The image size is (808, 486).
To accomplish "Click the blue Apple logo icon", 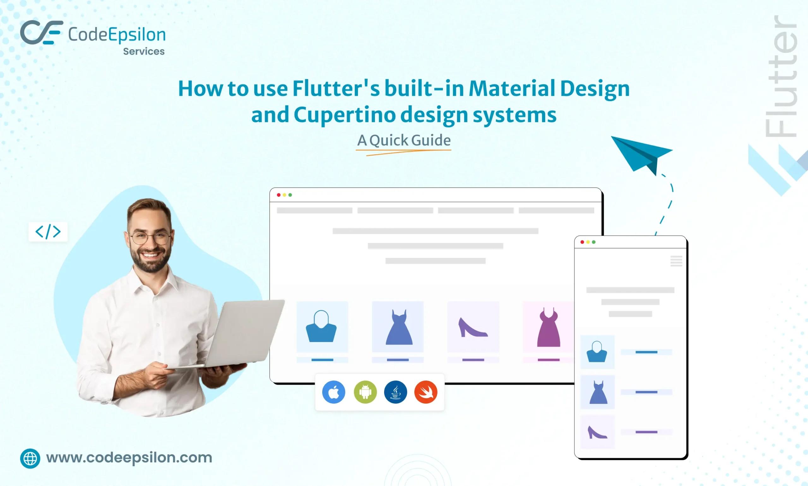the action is click(x=334, y=392).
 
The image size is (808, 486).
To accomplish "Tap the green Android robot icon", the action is click(x=365, y=392).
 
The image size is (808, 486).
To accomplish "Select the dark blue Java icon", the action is click(x=396, y=392).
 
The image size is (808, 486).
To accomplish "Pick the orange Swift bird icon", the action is click(x=426, y=392).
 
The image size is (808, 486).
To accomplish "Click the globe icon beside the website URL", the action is click(x=30, y=459).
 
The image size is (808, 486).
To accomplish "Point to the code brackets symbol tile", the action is click(x=48, y=232).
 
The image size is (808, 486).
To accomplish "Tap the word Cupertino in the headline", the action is click(x=345, y=115).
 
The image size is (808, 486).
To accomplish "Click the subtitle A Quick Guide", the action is click(x=404, y=140).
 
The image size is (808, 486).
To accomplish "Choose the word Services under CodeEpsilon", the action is click(x=144, y=51).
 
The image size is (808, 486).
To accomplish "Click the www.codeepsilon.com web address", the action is click(x=129, y=458).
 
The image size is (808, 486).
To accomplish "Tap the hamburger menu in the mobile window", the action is click(x=676, y=261).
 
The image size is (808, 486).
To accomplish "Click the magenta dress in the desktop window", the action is click(x=549, y=327).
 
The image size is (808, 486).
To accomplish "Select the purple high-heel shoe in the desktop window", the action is click(x=472, y=327).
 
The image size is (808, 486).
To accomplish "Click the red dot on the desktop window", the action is click(x=278, y=195).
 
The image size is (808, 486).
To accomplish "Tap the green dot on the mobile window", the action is click(x=594, y=242).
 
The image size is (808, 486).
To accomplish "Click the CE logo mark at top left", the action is click(x=41, y=32).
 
